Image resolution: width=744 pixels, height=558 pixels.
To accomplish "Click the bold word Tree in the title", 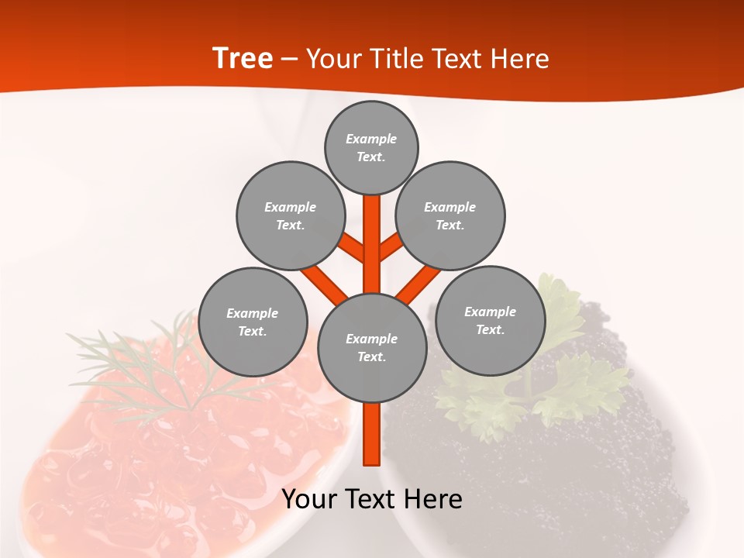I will (243, 58).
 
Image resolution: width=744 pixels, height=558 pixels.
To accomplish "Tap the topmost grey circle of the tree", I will (371, 147).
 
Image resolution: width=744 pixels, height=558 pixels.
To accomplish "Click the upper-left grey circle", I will (290, 215).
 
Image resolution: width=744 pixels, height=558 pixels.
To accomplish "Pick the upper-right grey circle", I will (450, 215).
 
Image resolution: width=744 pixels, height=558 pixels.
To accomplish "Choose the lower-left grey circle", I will (253, 322).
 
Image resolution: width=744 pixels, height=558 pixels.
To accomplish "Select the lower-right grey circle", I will (490, 320).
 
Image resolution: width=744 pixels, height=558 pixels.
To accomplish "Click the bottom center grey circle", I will (372, 347).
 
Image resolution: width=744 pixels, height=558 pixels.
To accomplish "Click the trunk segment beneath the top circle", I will (372, 232).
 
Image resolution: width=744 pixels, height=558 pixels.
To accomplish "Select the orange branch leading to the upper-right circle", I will (391, 247).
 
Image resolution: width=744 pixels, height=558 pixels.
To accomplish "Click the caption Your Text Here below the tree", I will (372, 499).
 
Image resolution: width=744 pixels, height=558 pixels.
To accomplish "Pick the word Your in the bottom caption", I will (309, 499).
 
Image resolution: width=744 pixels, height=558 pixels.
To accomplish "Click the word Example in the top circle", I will (371, 139).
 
